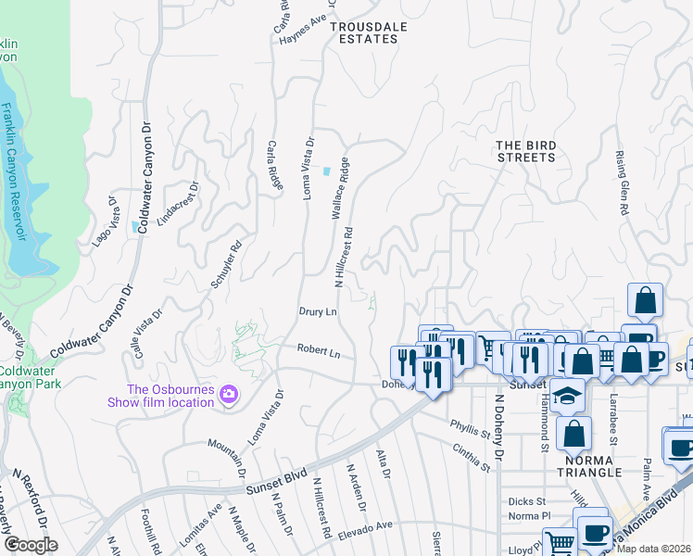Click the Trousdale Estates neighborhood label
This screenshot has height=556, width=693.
pos(369,32)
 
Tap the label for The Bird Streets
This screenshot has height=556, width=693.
pos(525,151)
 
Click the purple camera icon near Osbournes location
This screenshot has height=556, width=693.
pos(228,396)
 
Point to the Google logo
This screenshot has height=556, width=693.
pos(31,545)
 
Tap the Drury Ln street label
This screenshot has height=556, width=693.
pos(317,312)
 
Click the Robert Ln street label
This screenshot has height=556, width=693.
pos(319,352)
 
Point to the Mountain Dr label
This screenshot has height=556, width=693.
pos(226,452)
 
